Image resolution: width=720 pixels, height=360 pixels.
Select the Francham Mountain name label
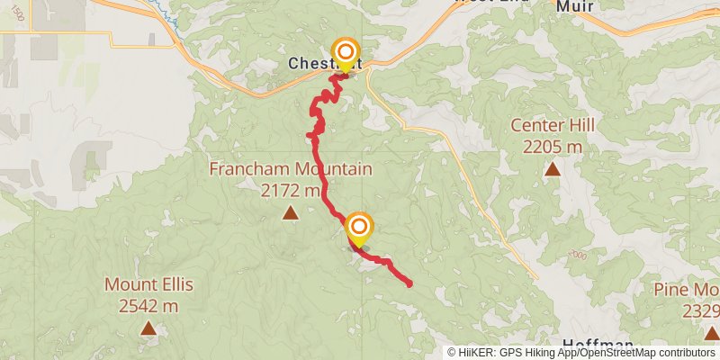290,169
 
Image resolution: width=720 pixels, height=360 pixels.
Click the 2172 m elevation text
290,190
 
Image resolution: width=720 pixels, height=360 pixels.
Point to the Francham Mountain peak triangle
290,213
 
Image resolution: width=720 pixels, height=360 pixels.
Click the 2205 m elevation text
552,147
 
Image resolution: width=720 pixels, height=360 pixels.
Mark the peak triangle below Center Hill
552,169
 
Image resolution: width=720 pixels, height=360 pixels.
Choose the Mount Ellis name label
148,285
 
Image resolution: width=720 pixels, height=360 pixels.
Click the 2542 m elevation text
148,306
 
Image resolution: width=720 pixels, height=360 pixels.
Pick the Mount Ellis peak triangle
148,329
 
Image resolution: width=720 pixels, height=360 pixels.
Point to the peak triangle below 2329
711,334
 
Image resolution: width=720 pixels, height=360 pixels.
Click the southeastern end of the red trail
409,283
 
